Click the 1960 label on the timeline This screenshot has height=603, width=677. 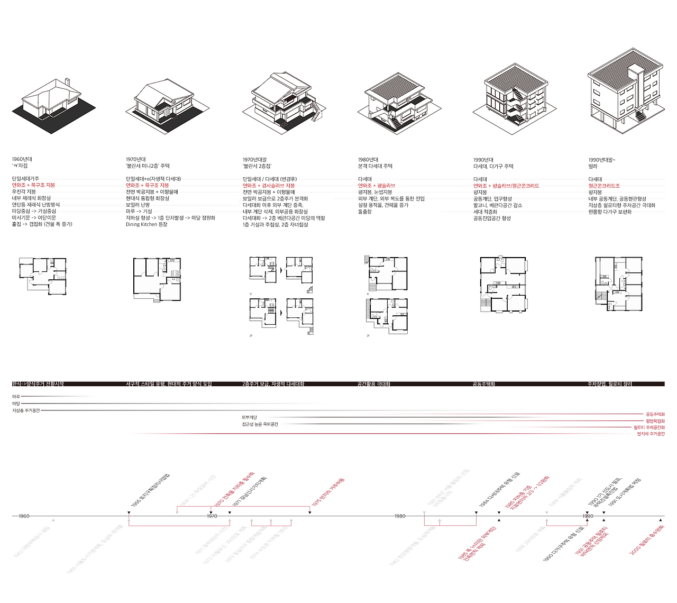[24, 516]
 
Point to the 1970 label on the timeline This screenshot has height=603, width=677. [212, 516]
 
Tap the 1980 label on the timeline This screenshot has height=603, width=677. [400, 516]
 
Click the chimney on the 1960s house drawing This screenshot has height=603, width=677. [67, 83]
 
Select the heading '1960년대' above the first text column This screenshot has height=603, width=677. [22, 159]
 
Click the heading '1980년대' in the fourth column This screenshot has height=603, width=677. [368, 160]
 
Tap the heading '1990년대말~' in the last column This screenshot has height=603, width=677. [602, 160]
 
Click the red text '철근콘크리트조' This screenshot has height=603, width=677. [604, 186]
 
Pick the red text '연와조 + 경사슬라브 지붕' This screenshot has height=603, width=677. [269, 186]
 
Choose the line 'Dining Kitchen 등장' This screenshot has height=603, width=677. [147, 224]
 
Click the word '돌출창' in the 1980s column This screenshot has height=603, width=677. [365, 212]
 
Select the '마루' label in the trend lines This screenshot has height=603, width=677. [16, 396]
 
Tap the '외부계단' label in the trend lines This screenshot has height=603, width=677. [249, 418]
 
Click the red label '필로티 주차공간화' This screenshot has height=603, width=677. [649, 427]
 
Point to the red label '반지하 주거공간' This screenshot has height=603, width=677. [651, 434]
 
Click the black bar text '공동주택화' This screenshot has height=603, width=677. [483, 384]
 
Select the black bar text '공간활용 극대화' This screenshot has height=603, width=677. [373, 384]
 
